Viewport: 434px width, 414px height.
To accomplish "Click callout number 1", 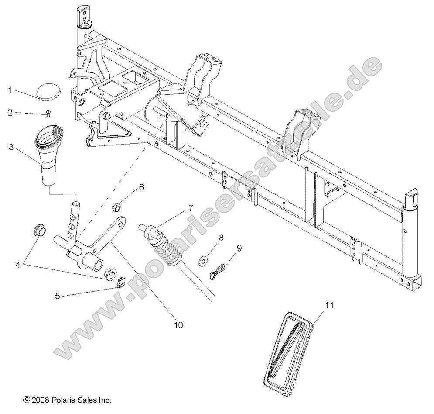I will click(x=9, y=90).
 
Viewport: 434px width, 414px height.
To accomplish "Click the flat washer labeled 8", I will click(x=203, y=261).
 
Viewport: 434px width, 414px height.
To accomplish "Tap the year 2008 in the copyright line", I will click(x=40, y=400).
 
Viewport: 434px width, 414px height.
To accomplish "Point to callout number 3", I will click(x=11, y=147).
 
